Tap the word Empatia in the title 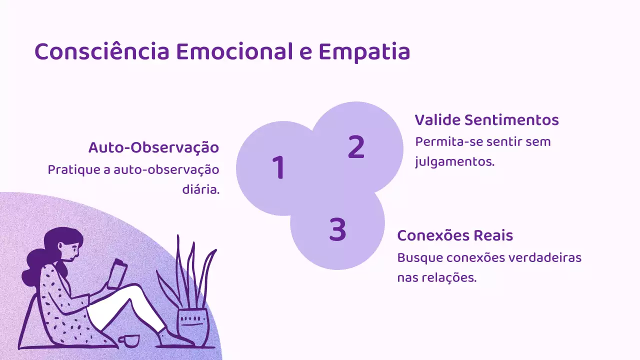coord(364,52)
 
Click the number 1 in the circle coord(278,167)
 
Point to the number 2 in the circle coord(356,147)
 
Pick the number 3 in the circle coord(338,229)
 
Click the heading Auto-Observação coord(153,148)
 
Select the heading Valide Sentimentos coord(486,120)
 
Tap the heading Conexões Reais coord(455,235)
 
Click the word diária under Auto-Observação coord(200,190)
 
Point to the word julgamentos coord(454,162)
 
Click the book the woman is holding coord(119,272)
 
